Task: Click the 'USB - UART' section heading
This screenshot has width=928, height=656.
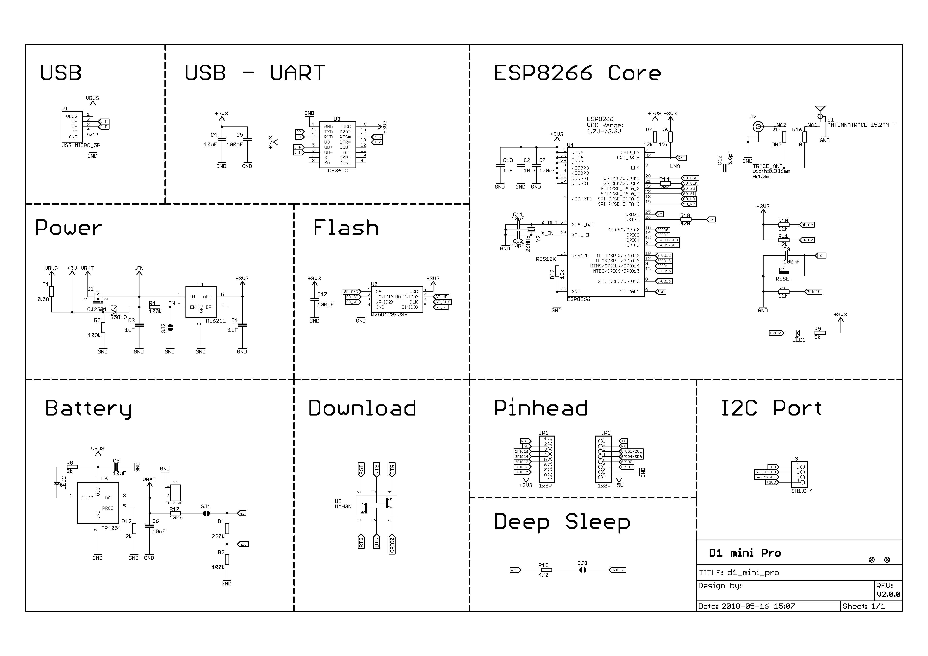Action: (x=255, y=73)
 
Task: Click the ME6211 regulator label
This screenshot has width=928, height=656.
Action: (x=215, y=321)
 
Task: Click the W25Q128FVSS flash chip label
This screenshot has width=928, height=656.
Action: (x=389, y=315)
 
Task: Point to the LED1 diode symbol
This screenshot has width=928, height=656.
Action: (x=797, y=333)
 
